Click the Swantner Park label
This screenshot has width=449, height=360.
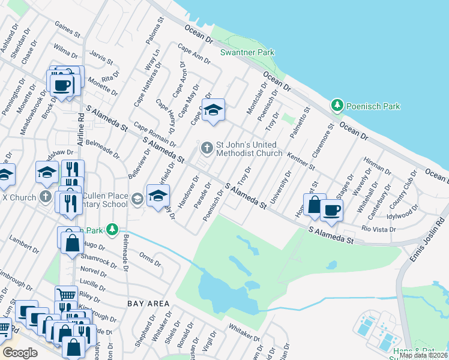(x=247, y=52)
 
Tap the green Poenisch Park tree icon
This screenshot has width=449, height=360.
(x=337, y=106)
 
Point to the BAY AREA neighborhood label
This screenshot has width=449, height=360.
(x=148, y=304)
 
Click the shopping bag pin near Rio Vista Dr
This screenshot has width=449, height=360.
(x=314, y=205)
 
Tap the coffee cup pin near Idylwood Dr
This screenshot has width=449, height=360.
(x=331, y=210)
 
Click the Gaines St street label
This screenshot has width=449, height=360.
(x=67, y=28)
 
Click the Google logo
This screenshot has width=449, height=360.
(x=20, y=352)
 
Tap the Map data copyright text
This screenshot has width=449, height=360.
(x=423, y=355)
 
